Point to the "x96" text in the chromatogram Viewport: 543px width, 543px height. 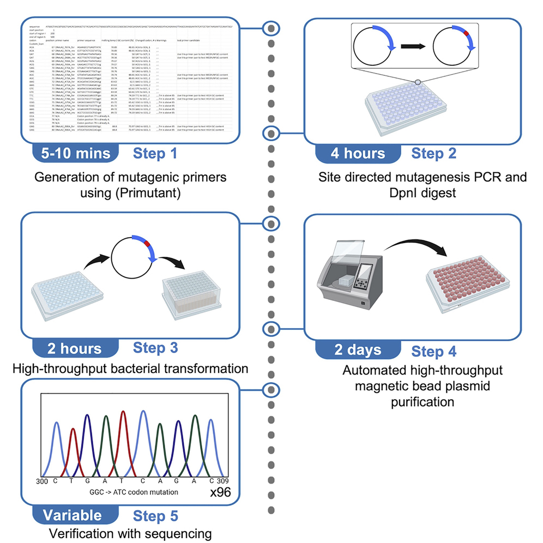pos(220,492)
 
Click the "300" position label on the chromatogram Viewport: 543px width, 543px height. pos(42,482)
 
